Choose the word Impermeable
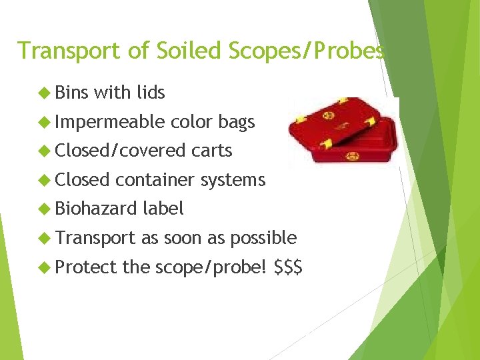point(110,122)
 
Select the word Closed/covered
point(119,151)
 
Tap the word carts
point(211,151)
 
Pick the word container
point(152,180)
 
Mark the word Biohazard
point(95,209)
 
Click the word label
point(163,209)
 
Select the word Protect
point(85,267)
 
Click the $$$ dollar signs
point(288,267)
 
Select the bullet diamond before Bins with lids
point(45,93)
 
